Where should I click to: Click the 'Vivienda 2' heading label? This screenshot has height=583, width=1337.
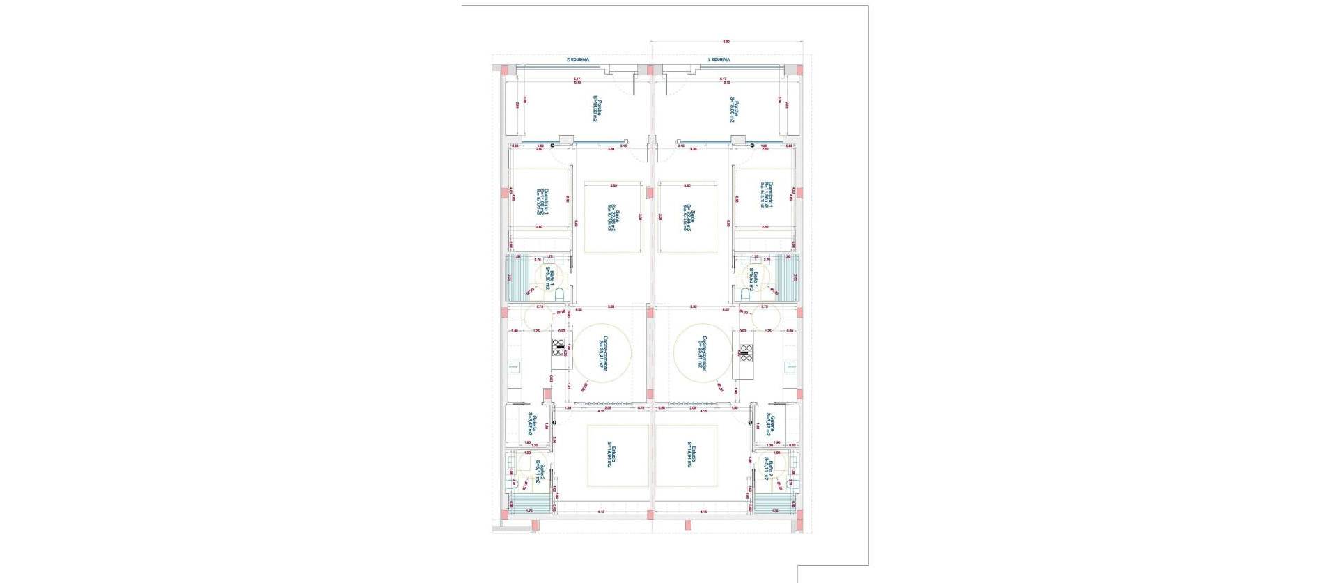point(577,60)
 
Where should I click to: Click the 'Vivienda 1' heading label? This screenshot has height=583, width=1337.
point(720,60)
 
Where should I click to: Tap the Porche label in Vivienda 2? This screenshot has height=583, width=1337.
point(597,109)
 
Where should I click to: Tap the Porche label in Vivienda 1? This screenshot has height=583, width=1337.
point(734,109)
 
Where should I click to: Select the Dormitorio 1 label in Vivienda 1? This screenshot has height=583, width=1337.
point(767,195)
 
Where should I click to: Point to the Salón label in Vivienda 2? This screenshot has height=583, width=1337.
point(613,219)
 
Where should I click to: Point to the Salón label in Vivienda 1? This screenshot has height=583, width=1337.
point(687,219)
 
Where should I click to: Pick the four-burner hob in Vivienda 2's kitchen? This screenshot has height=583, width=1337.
point(559,347)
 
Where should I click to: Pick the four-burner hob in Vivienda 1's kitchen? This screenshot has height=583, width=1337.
point(745,352)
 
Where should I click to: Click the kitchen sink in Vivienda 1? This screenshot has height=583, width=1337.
point(790,367)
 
